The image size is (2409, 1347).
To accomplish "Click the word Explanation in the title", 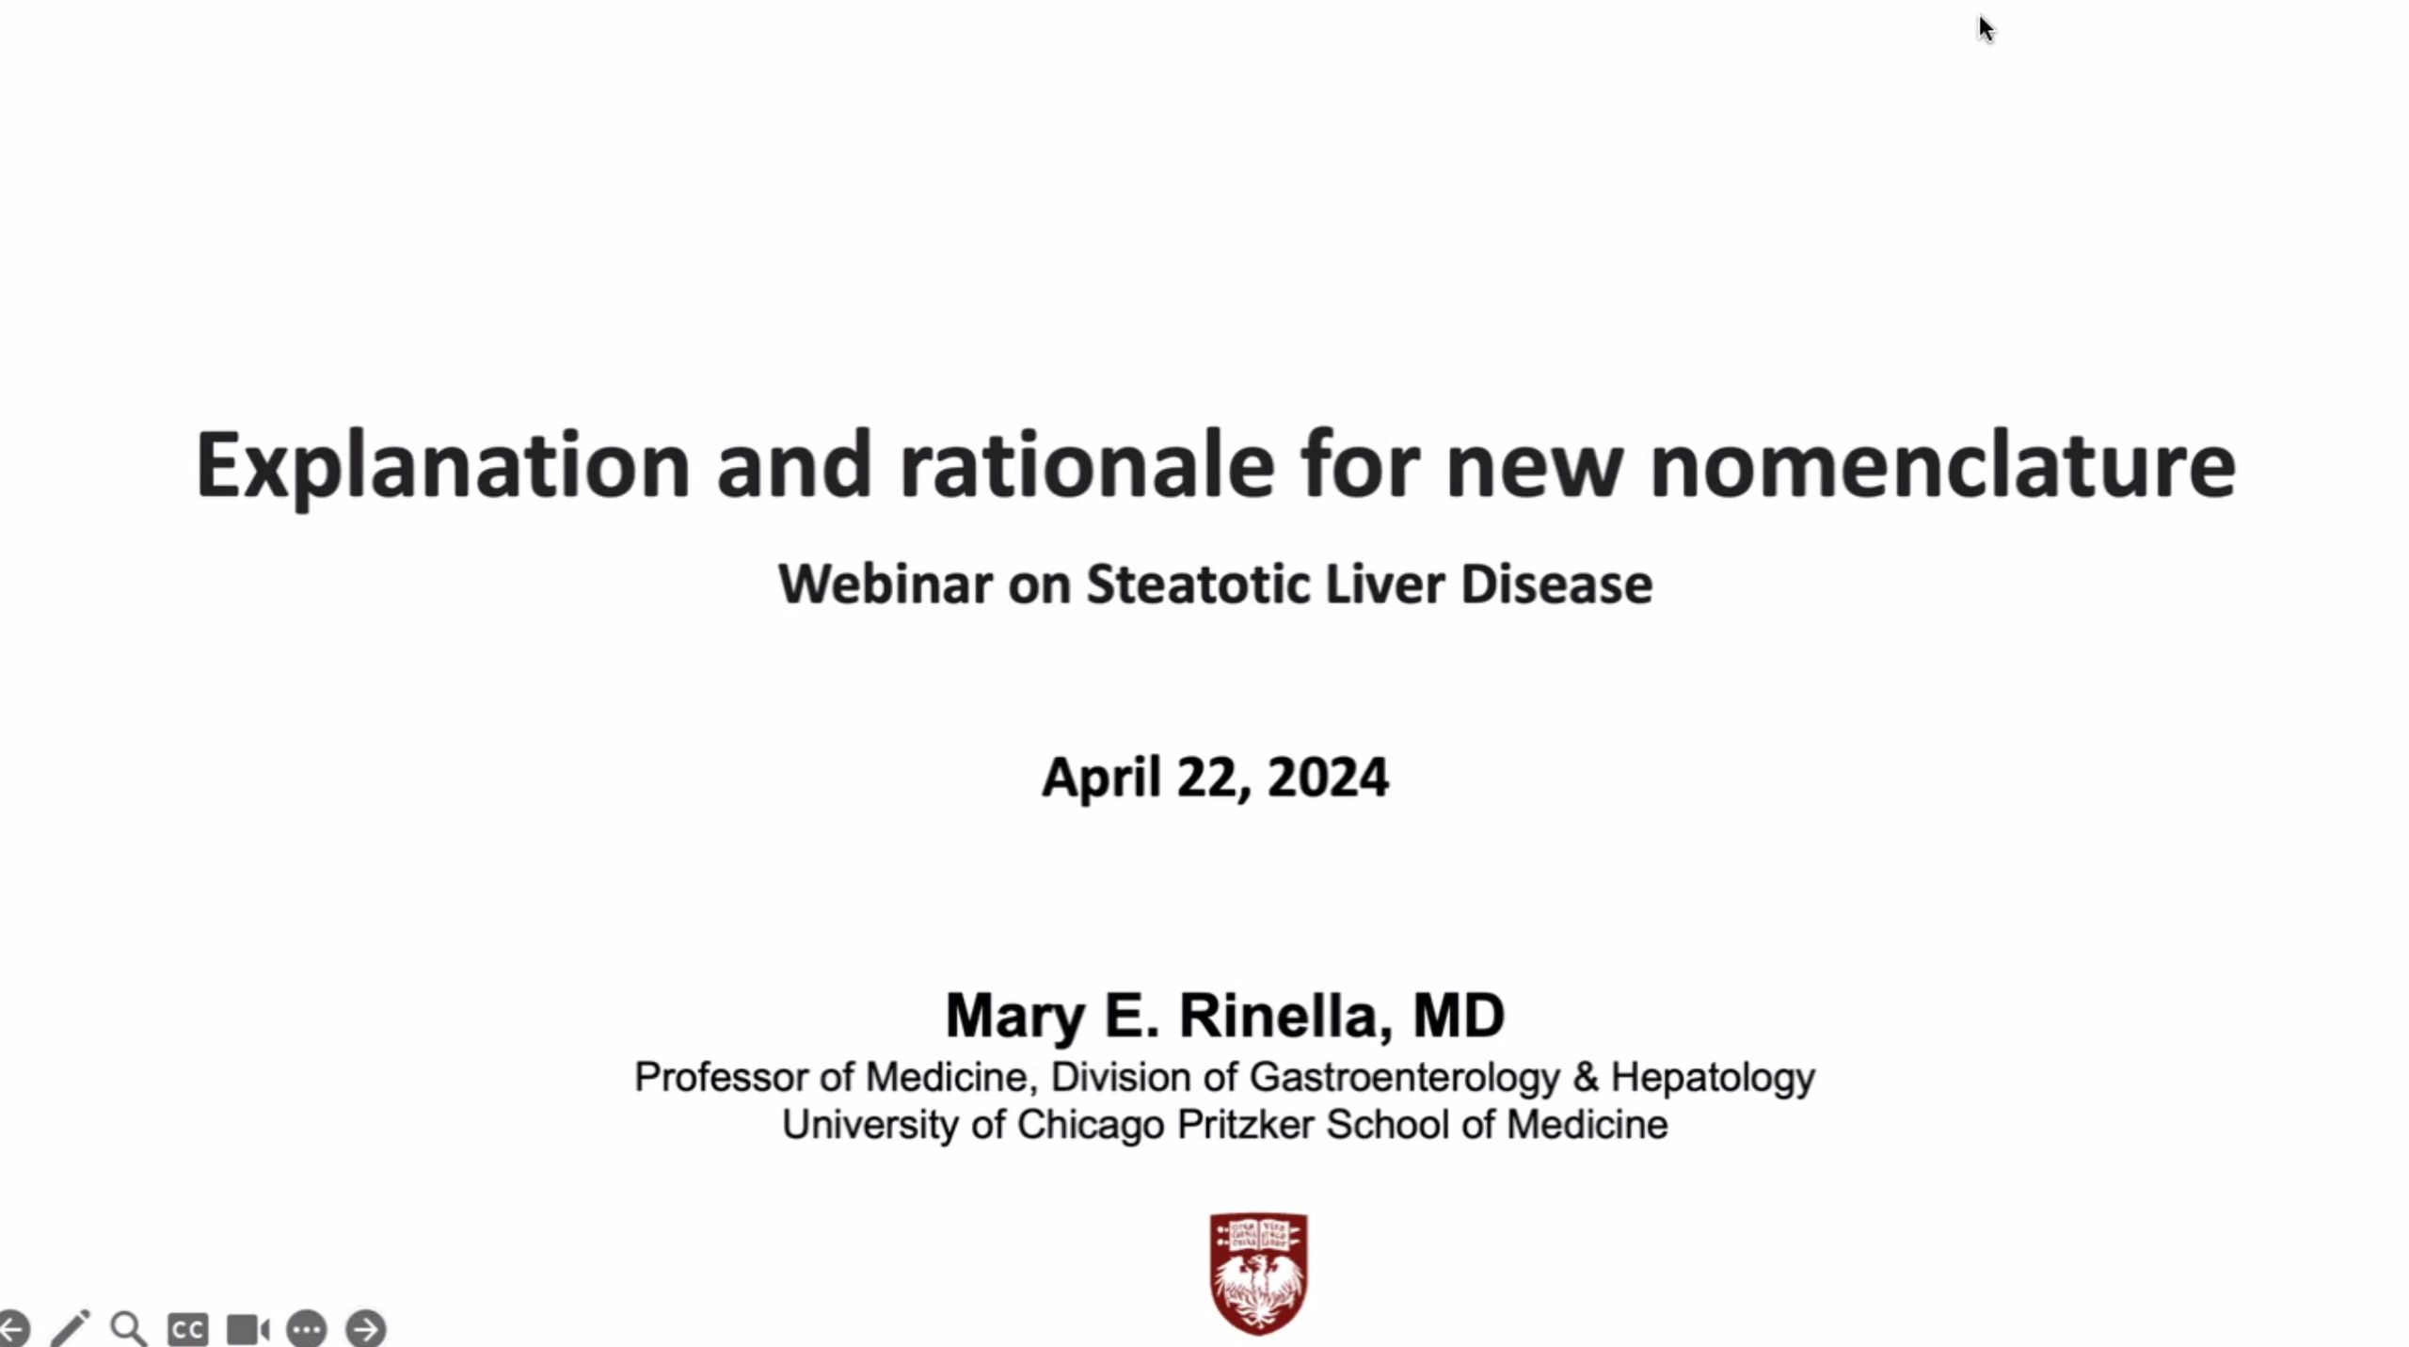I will (442, 465).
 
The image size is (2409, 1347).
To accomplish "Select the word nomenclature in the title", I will (1942, 465).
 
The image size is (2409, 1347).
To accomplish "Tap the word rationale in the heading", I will (1087, 465).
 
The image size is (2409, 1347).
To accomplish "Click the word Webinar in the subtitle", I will (885, 585).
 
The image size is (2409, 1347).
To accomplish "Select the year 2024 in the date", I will (1328, 778).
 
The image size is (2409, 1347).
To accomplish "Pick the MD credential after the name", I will (1458, 1016).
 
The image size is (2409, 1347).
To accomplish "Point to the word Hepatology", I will (1713, 1077).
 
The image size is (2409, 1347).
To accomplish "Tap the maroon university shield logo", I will (1258, 1273).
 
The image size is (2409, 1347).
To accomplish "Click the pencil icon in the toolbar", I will (70, 1328).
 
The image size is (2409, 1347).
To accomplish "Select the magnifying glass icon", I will (128, 1328).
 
